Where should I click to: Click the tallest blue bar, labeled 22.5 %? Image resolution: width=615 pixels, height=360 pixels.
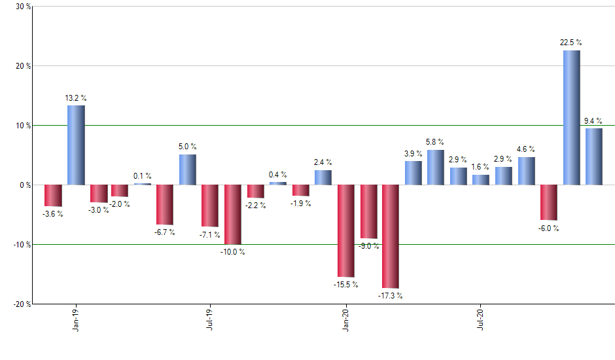(571, 118)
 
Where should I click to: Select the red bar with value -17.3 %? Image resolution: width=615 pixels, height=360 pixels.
(391, 236)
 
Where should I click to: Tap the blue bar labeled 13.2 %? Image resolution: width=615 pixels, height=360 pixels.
(76, 145)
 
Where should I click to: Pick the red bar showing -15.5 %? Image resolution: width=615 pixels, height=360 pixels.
(345, 230)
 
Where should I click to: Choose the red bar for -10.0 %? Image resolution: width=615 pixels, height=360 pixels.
(233, 214)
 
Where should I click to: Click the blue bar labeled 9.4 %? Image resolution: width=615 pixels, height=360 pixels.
(594, 156)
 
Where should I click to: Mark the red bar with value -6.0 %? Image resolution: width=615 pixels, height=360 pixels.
(549, 202)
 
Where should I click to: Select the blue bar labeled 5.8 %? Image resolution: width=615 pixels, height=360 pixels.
(436, 167)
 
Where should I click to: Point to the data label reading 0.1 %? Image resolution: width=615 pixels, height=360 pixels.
(143, 175)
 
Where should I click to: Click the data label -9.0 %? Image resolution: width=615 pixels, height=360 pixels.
(369, 246)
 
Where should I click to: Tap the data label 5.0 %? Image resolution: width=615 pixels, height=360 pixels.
(188, 147)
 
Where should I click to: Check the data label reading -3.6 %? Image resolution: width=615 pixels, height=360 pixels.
(52, 214)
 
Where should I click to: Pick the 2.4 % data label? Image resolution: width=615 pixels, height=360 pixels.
(323, 162)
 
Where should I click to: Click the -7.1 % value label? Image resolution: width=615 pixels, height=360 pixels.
(210, 234)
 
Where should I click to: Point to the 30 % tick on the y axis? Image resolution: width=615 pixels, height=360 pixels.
(23, 7)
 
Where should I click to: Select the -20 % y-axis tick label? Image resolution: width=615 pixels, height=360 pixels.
(22, 304)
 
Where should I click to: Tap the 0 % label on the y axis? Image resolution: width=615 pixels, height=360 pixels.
(25, 185)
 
